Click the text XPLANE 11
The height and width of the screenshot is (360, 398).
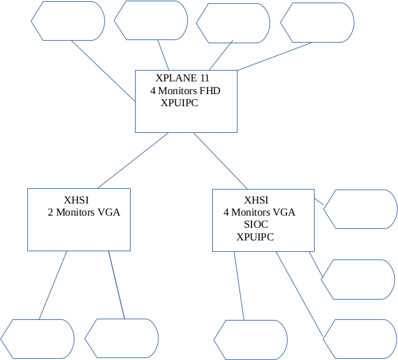pos(182,78)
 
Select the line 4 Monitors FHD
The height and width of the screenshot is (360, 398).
pos(185,91)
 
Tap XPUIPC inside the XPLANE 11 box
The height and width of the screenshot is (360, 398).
pos(179,102)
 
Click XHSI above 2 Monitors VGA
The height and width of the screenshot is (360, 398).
pos(76,200)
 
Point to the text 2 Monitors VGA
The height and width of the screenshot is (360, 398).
pos(84,212)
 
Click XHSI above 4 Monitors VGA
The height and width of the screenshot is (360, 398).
pos(256,200)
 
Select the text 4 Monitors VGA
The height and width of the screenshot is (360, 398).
pos(259,212)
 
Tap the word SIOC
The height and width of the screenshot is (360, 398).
pos(256,225)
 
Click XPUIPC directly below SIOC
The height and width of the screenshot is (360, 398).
pos(255,237)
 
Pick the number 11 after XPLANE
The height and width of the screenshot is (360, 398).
pos(204,78)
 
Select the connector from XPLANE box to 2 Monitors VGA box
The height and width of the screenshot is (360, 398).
pos(132,160)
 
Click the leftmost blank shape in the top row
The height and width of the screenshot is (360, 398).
pos(68,20)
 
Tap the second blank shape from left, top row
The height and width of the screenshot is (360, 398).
pos(151,20)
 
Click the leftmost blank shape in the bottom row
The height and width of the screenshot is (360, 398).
pos(38,338)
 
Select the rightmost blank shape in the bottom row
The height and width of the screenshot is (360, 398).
pos(360,338)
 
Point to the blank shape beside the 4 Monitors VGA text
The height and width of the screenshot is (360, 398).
pos(361,209)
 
